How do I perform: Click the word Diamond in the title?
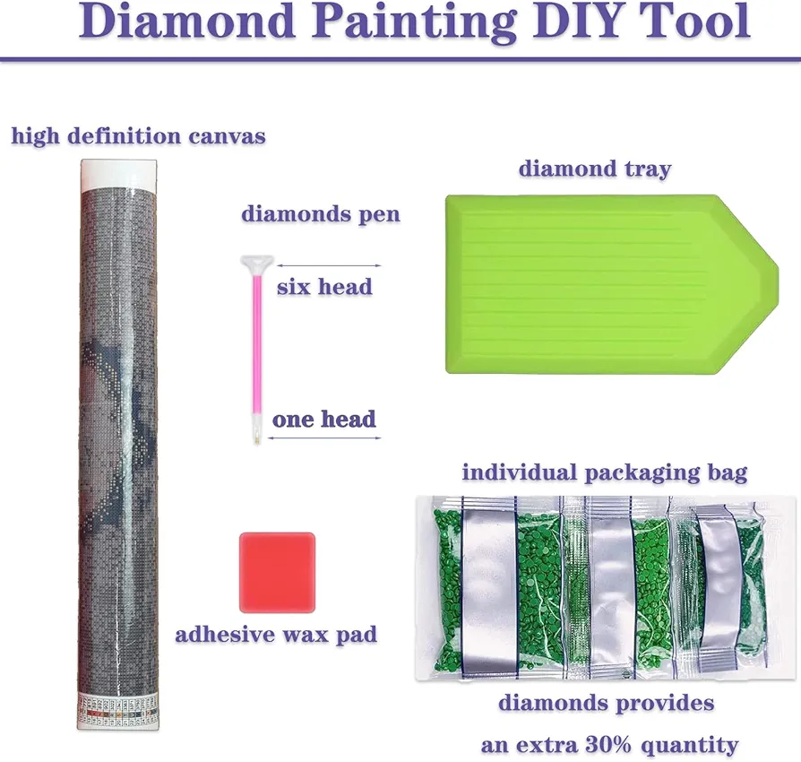coord(186,21)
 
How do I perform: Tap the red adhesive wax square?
coord(278,572)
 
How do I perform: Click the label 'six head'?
coord(324,287)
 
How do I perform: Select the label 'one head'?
coord(323,419)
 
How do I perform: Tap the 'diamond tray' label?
coord(595,169)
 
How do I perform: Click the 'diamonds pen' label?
coord(321,213)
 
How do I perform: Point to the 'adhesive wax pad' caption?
coord(276,635)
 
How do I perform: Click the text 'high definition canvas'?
coord(139,136)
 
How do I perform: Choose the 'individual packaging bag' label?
coord(605,472)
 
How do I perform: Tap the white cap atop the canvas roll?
coord(118,174)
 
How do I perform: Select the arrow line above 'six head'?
coord(329,265)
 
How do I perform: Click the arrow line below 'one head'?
coord(324,438)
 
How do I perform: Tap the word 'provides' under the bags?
coord(665,703)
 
